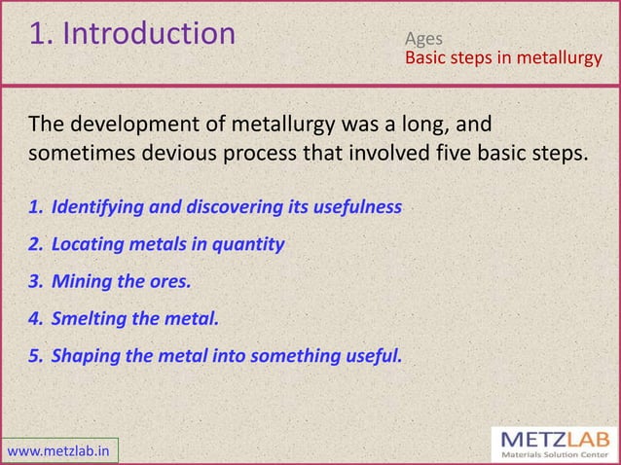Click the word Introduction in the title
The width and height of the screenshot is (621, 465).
tap(148, 34)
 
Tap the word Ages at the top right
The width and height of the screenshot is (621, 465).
tap(424, 40)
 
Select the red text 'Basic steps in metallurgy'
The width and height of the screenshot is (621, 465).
tap(503, 59)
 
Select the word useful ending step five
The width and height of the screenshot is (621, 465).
tap(371, 355)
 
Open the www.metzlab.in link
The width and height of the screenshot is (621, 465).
tap(59, 450)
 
